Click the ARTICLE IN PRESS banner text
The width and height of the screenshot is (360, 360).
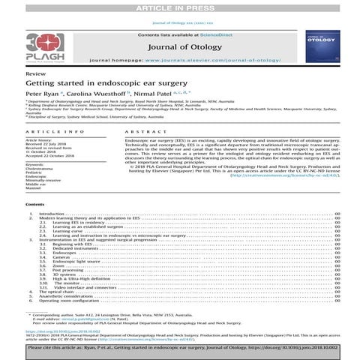(180, 7)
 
